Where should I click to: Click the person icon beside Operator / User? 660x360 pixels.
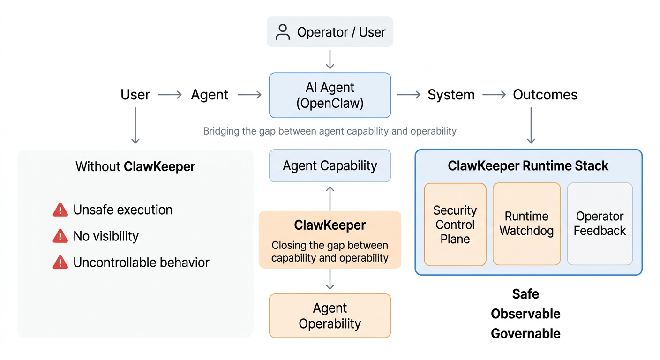click(283, 32)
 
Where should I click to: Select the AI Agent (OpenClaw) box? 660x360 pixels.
click(330, 95)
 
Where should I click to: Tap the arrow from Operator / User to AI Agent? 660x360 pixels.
click(330, 60)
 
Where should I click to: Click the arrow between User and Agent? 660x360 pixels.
click(170, 95)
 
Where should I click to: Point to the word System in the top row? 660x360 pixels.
click(451, 95)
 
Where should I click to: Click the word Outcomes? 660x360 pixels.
click(545, 95)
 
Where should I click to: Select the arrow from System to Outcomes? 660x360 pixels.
click(494, 95)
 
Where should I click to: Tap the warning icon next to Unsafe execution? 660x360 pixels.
click(60, 210)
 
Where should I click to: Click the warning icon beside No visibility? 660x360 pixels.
click(60, 236)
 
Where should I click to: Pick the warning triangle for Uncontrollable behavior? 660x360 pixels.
click(60, 262)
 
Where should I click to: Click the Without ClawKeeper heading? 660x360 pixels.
click(135, 166)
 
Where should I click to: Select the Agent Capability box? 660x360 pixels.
click(330, 165)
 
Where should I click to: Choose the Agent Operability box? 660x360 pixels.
click(330, 315)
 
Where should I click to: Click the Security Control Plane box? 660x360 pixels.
click(455, 225)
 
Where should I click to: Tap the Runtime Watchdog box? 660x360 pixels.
click(526, 224)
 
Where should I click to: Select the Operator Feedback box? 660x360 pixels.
click(600, 224)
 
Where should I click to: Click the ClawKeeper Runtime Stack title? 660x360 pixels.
click(528, 166)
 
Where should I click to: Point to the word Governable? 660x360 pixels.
click(525, 334)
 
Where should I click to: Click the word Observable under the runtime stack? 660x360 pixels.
click(525, 314)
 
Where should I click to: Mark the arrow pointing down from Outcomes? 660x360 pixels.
click(531, 125)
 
